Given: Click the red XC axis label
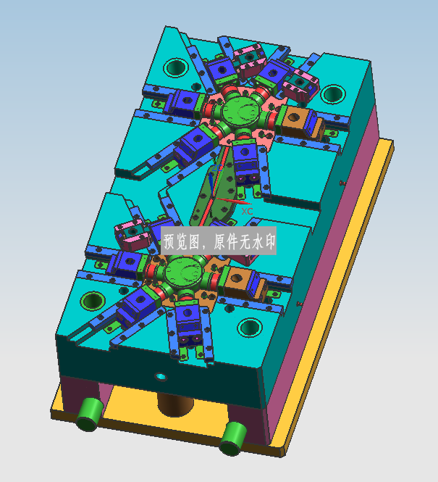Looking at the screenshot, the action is tap(247, 211).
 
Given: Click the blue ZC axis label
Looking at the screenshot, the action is tap(217, 168).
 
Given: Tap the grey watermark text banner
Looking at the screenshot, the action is tap(219, 241).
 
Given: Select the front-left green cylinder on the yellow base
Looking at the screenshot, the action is tap(90, 415).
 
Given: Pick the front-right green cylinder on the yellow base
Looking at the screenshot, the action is tap(233, 439).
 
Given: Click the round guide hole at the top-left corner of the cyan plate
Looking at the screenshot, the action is tap(176, 67).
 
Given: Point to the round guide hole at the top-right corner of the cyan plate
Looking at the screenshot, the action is tap(333, 94).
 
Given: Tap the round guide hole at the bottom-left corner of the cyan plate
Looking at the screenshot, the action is tap(93, 300).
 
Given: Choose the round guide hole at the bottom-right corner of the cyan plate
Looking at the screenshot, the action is tap(250, 327).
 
